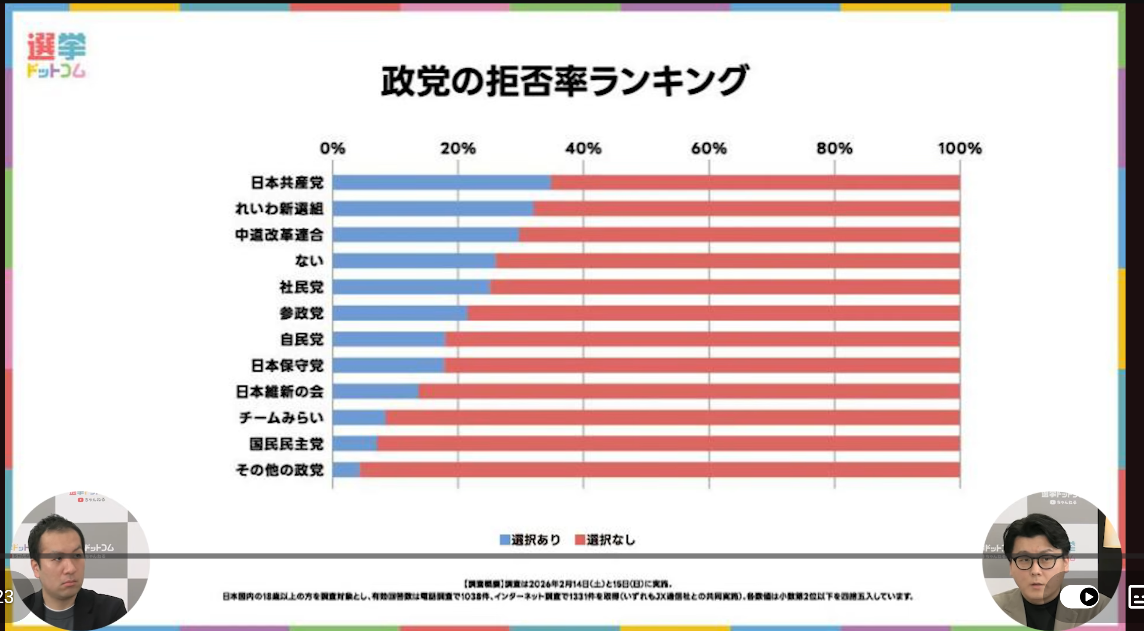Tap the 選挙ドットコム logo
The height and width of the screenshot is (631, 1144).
56,55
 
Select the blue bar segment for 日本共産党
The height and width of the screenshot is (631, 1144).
442,182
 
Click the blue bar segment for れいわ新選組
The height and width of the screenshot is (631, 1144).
433,209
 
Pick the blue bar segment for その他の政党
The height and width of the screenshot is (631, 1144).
346,469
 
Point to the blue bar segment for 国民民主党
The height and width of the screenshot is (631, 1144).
354,443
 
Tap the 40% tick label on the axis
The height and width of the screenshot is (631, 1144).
583,148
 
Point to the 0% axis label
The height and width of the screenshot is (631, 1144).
332,148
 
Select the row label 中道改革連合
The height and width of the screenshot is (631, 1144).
279,235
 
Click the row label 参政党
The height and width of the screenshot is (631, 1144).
301,313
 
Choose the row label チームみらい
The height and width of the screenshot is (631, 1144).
281,418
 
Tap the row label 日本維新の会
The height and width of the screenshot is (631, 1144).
279,391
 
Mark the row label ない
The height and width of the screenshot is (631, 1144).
309,261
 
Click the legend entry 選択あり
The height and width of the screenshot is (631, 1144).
530,540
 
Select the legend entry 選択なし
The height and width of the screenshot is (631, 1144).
605,540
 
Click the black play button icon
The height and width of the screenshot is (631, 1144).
1088,596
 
